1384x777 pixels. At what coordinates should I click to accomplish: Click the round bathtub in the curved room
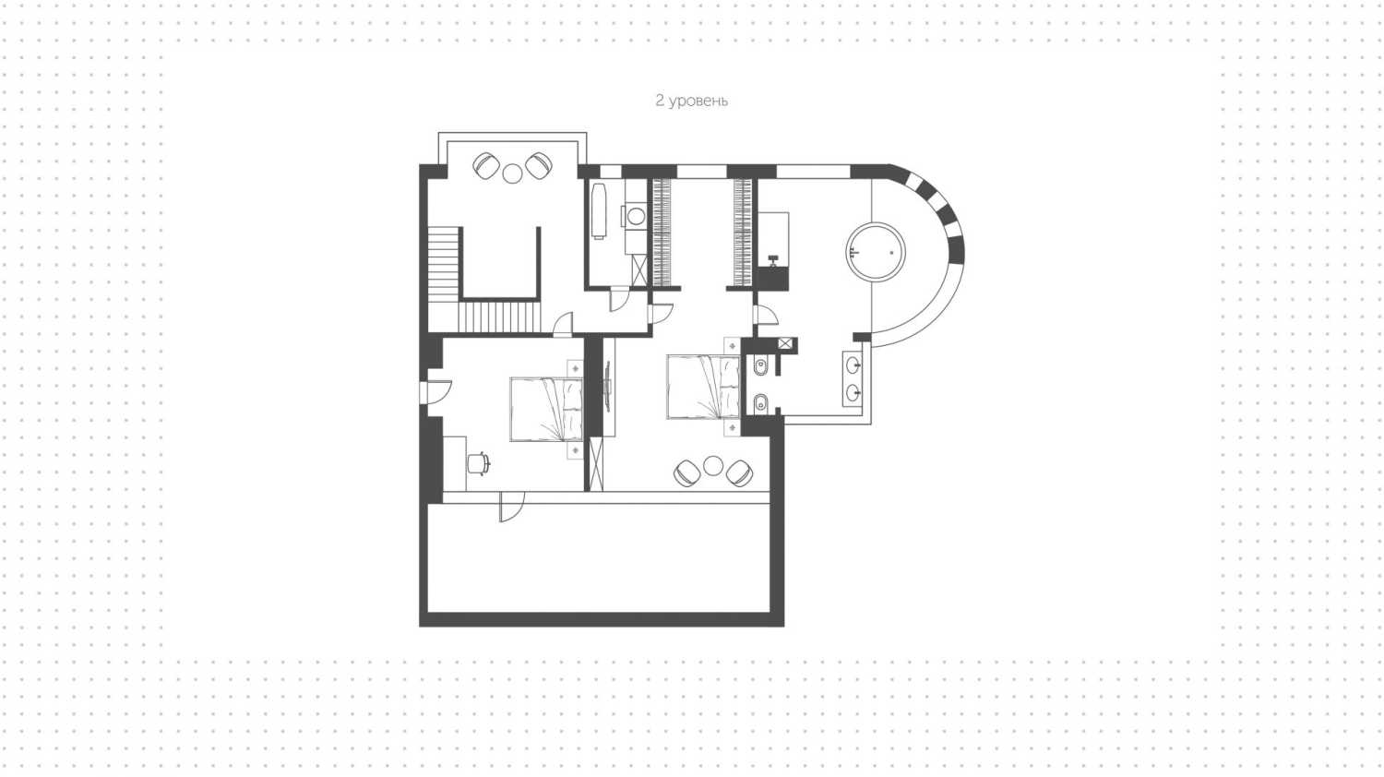click(876, 252)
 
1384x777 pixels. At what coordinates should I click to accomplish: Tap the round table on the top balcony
click(512, 173)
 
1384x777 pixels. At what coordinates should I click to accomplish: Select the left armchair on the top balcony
click(486, 166)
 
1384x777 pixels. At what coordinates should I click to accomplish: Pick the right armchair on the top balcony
click(539, 165)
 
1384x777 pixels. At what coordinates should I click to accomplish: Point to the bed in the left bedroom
click(546, 409)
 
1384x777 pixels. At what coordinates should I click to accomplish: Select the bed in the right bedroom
click(703, 387)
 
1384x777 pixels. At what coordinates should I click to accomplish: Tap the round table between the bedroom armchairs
click(713, 465)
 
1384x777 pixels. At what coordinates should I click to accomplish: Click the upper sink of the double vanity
click(853, 365)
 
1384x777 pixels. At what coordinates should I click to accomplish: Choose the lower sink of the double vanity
click(853, 392)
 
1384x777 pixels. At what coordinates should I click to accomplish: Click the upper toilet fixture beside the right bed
click(760, 367)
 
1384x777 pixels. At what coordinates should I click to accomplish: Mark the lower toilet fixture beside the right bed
click(760, 403)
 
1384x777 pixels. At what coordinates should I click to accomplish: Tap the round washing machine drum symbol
click(635, 216)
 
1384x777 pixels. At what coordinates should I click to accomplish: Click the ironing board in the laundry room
click(598, 211)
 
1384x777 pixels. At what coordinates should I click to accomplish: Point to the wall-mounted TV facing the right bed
click(608, 387)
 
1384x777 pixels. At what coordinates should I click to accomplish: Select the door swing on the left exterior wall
click(435, 393)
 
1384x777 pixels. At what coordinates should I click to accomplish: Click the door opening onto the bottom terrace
click(511, 507)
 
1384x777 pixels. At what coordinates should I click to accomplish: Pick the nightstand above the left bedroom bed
click(575, 368)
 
